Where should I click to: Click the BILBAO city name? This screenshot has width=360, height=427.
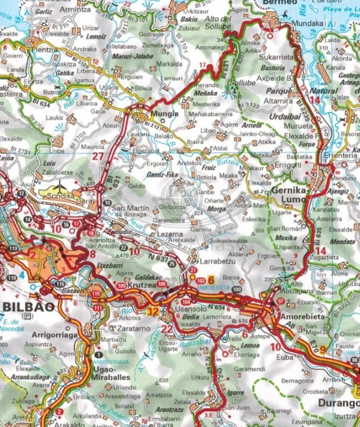pyautogui.click(x=28, y=306)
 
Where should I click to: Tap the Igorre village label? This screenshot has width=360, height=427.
pyautogui.click(x=234, y=393)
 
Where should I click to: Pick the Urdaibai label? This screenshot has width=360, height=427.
pyautogui.click(x=268, y=116)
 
